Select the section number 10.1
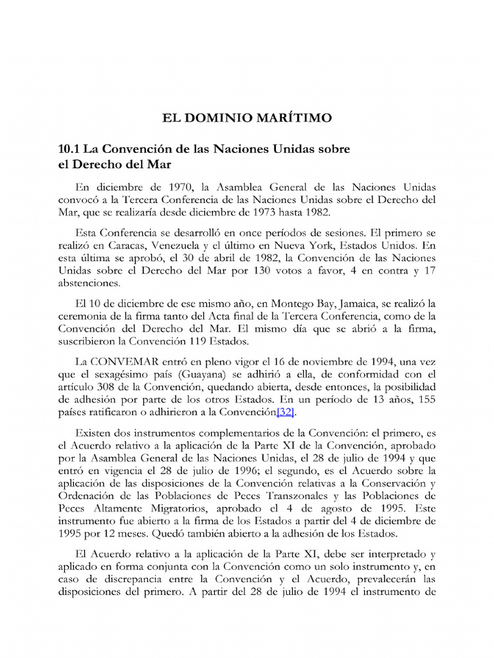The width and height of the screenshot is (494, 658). tap(69, 149)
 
